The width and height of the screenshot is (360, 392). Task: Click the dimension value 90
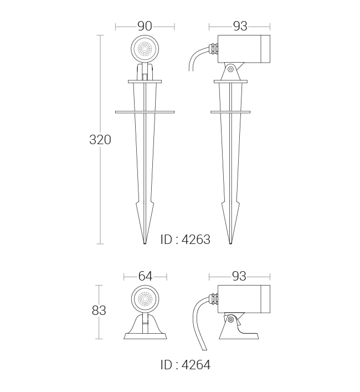pyautogui.click(x=145, y=26)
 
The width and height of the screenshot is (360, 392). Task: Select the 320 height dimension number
pyautogui.click(x=100, y=140)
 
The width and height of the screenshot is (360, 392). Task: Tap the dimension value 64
pyautogui.click(x=145, y=276)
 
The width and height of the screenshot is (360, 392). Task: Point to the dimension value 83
pyautogui.click(x=99, y=310)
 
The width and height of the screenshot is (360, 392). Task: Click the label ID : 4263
pyautogui.click(x=186, y=240)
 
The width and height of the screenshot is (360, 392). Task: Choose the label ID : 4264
pyautogui.click(x=186, y=365)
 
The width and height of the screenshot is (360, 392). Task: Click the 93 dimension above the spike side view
pyautogui.click(x=240, y=26)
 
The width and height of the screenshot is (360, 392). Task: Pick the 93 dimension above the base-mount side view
pyautogui.click(x=239, y=276)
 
